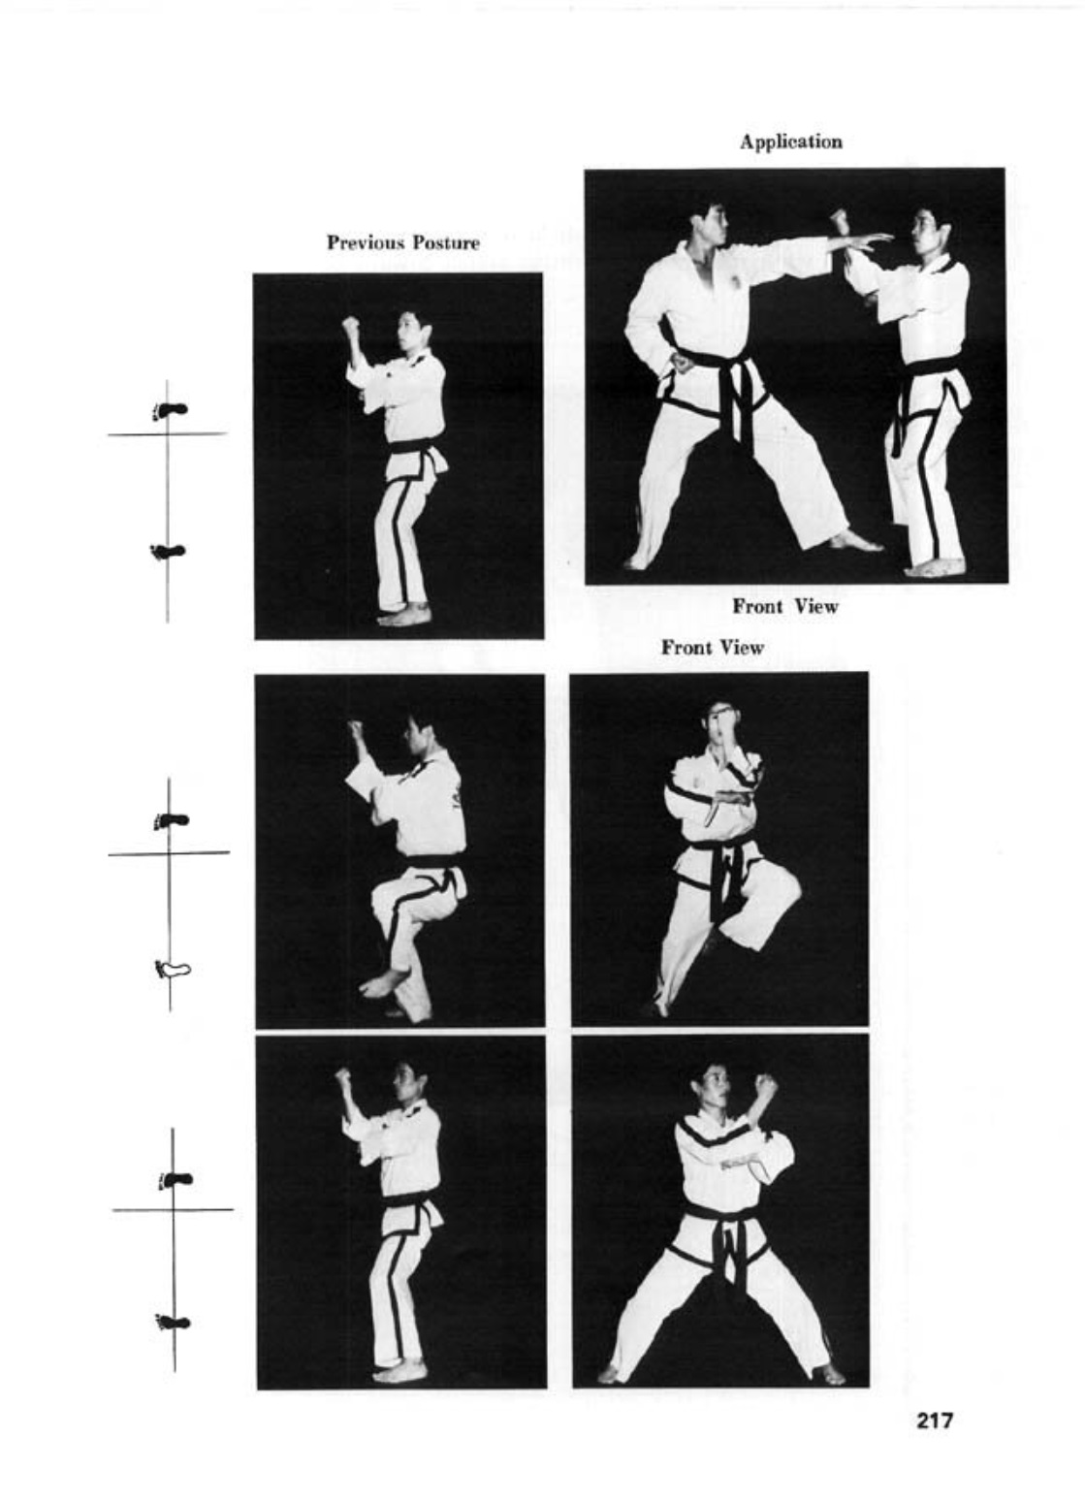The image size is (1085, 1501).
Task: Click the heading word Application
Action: pyautogui.click(x=791, y=143)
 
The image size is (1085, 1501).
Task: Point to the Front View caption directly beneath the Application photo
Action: pyautogui.click(x=784, y=606)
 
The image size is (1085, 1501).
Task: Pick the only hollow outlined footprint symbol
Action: pyautogui.click(x=173, y=968)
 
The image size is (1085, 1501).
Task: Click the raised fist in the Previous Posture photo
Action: pyautogui.click(x=350, y=328)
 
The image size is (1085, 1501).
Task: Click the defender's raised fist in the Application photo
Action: pyautogui.click(x=838, y=220)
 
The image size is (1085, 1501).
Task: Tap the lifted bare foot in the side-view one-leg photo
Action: pyautogui.click(x=383, y=980)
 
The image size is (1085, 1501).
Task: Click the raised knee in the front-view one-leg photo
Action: pyautogui.click(x=784, y=885)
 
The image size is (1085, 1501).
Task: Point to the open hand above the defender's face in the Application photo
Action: pyautogui.click(x=868, y=240)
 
